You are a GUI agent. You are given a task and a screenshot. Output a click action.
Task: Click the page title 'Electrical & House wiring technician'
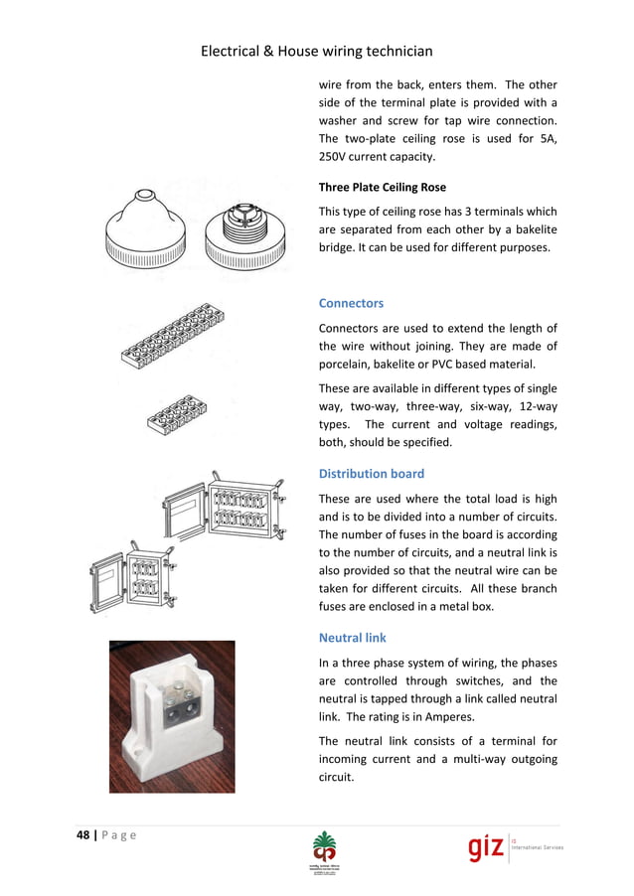point(316,51)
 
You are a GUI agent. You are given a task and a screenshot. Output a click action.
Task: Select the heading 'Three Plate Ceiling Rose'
point(382,187)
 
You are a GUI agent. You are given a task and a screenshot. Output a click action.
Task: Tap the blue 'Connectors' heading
point(350,303)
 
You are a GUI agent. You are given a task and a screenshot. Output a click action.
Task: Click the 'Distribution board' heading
point(371,474)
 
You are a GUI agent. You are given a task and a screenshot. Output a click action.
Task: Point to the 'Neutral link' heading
point(352,638)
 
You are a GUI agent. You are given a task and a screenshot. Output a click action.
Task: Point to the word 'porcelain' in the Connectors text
point(348,365)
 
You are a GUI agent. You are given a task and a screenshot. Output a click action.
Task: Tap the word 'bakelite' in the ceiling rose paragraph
point(528,229)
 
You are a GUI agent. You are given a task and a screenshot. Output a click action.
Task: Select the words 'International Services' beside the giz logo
point(536,854)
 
